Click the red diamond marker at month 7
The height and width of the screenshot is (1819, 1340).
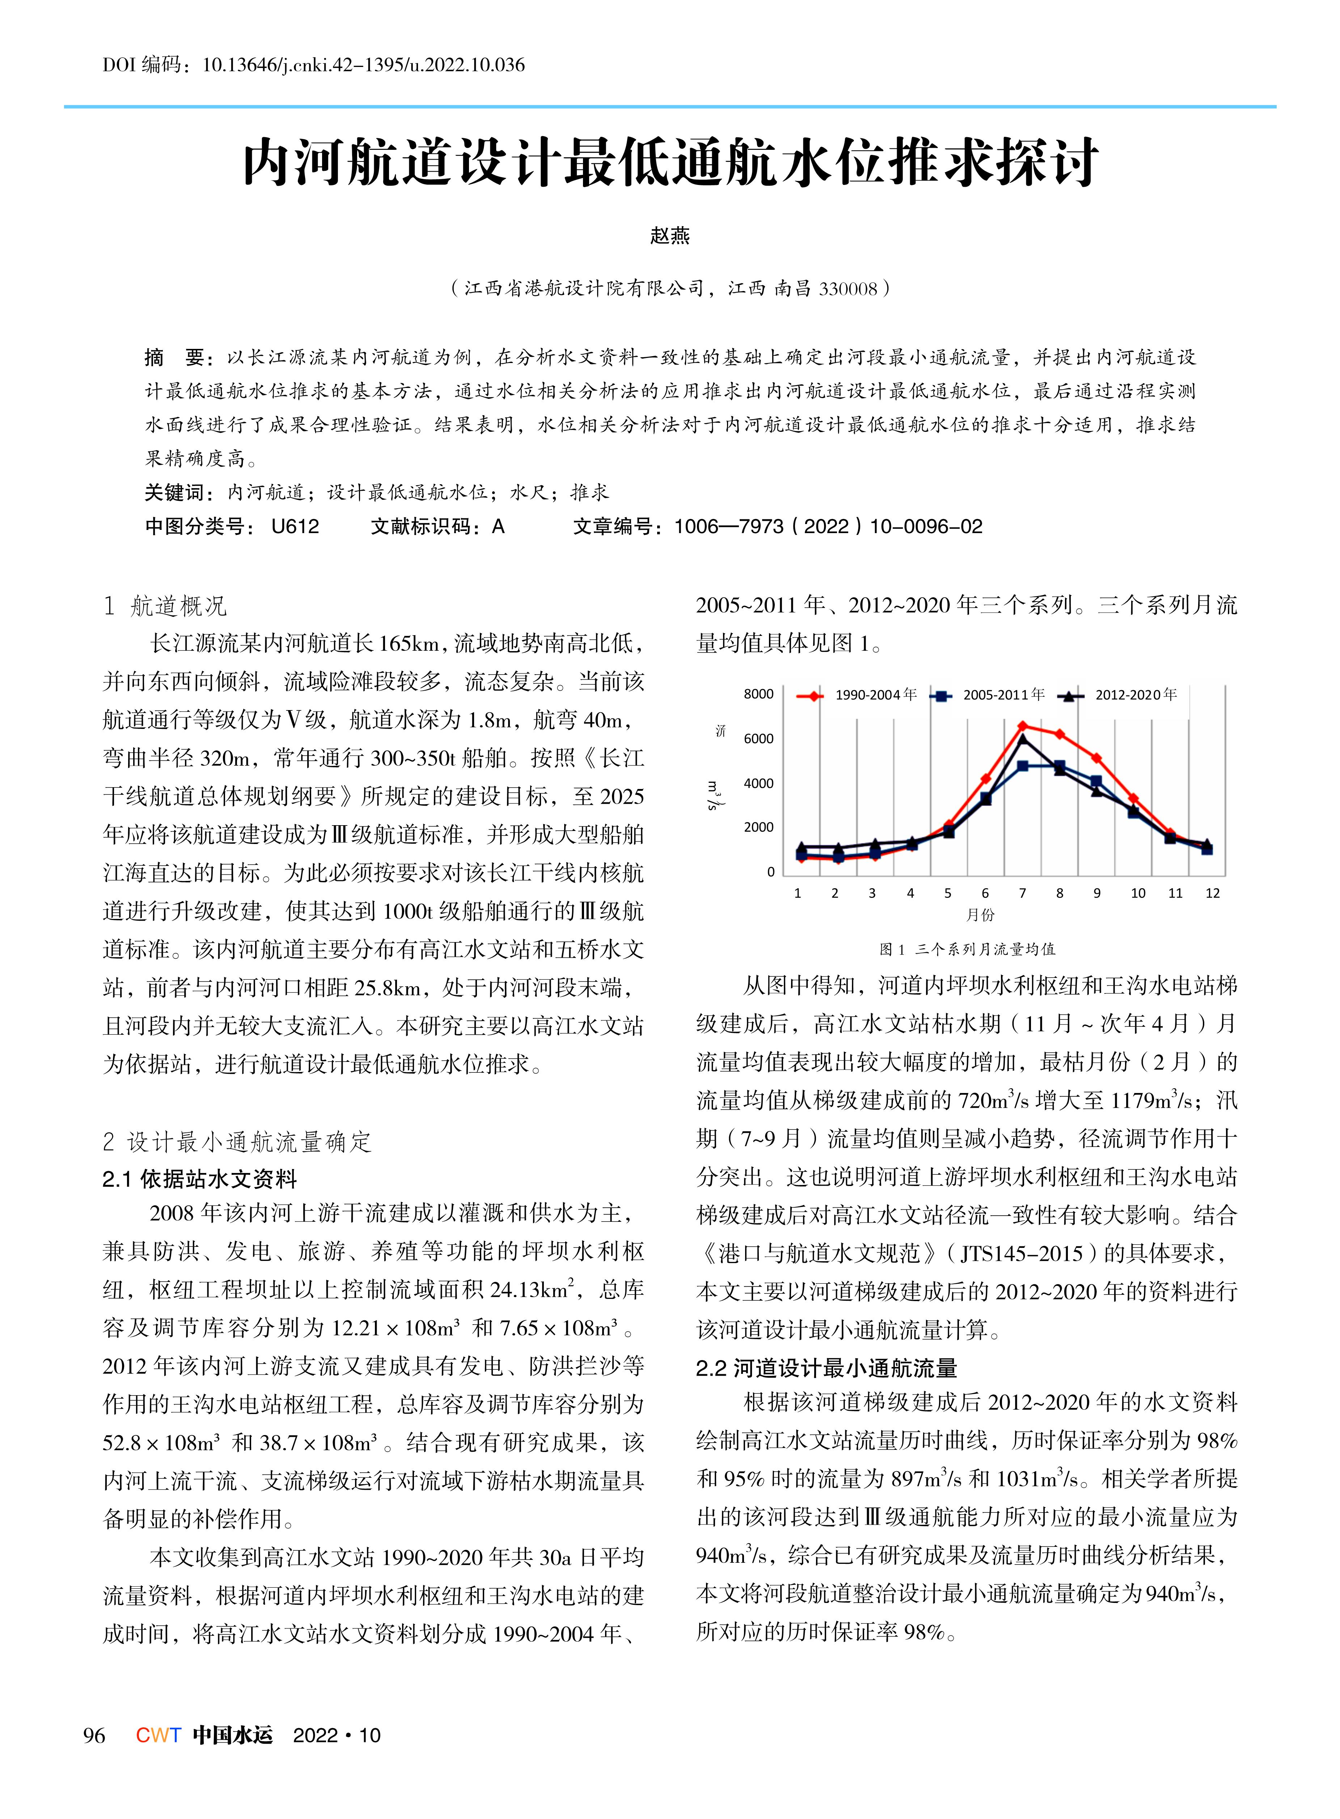[x=1023, y=725]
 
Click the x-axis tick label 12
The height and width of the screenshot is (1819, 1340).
[x=1213, y=893]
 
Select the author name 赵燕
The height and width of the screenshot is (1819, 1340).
[x=670, y=236]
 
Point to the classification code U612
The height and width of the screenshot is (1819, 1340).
[x=295, y=527]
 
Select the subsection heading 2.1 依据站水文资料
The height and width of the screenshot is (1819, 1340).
[x=199, y=1179]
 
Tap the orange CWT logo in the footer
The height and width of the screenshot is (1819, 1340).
[x=158, y=1735]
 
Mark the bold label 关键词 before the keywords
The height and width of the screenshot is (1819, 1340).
[x=174, y=493]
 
